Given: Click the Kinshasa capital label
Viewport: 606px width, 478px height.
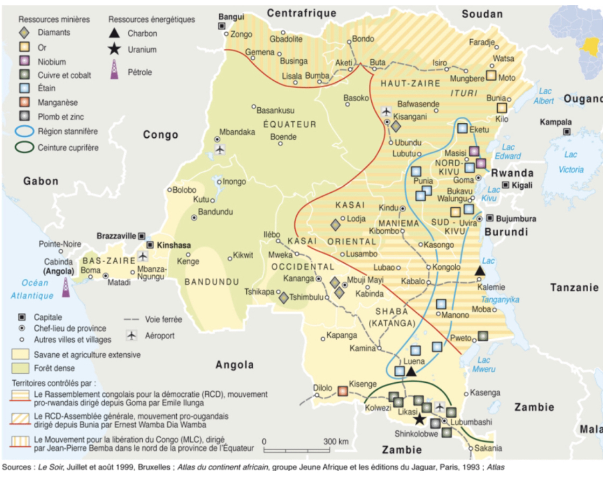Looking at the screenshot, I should [x=173, y=245].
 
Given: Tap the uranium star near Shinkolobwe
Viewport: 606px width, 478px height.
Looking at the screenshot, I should [x=419, y=419].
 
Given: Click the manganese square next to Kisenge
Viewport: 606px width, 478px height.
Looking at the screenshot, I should [x=342, y=391].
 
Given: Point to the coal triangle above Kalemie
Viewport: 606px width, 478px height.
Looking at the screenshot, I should [x=480, y=271].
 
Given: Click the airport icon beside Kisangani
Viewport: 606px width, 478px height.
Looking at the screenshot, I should [x=386, y=111].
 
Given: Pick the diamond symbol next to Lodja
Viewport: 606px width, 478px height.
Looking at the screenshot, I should [x=335, y=225].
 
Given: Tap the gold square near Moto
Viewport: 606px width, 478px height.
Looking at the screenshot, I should [x=491, y=75].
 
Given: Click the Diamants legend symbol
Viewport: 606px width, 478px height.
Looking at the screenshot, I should [x=24, y=33].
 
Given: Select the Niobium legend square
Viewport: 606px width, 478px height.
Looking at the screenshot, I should [x=24, y=61].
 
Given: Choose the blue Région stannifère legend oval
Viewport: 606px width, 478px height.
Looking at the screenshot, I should [x=24, y=131].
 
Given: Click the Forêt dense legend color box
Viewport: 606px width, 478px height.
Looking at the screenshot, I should [x=20, y=368].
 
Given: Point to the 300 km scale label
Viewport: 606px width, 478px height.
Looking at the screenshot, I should [x=336, y=442].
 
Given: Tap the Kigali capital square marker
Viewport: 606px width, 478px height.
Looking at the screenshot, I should [x=506, y=185].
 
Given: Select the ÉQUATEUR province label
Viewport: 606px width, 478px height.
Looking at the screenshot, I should [x=290, y=124].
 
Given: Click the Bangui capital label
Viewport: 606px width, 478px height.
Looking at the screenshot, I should [x=231, y=17].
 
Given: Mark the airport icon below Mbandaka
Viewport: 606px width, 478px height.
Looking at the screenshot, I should [x=220, y=149].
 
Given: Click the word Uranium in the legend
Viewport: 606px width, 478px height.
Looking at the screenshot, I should [x=142, y=50].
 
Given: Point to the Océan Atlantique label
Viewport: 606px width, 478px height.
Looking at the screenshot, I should [x=32, y=289].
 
